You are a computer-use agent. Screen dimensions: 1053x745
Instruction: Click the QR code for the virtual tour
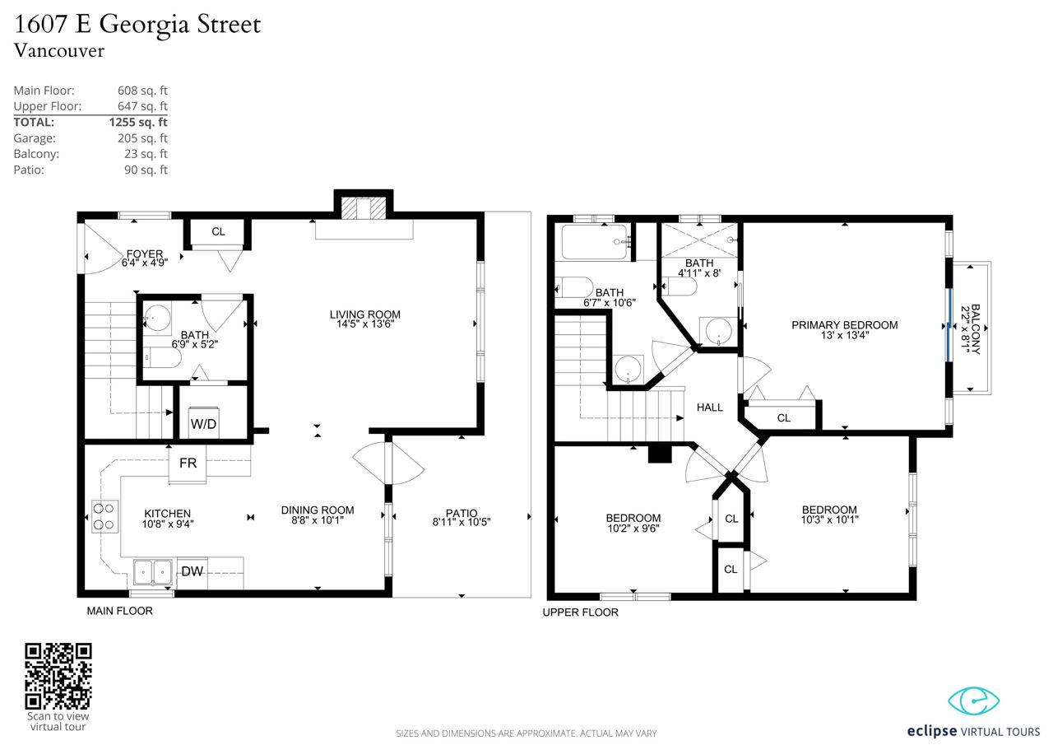point(58,677)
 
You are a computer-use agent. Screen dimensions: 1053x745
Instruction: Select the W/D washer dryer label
point(203,424)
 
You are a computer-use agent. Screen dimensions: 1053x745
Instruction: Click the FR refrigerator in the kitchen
point(188,463)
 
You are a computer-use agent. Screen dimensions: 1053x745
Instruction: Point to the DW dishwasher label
point(193,571)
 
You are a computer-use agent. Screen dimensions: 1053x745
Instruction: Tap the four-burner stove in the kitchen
point(104,516)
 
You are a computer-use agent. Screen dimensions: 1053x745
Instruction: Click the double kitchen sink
point(153,572)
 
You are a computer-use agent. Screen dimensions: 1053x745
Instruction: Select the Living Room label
point(364,314)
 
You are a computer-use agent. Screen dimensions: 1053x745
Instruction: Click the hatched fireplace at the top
point(364,209)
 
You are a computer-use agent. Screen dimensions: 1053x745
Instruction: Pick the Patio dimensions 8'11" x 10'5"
point(462,522)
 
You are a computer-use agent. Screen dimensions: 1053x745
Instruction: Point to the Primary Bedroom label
point(845,325)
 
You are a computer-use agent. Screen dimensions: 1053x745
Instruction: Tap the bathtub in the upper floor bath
point(595,242)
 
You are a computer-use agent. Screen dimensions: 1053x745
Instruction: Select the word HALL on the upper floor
point(710,407)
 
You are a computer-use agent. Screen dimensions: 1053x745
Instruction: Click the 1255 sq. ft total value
point(138,123)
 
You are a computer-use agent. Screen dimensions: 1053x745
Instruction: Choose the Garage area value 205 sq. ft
point(142,138)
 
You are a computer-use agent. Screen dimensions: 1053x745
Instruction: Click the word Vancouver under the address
point(59,51)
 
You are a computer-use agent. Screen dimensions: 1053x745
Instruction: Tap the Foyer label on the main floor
point(145,254)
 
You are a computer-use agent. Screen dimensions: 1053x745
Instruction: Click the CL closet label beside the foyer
point(218,231)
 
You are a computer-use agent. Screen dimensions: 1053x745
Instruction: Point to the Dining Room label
point(318,510)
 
